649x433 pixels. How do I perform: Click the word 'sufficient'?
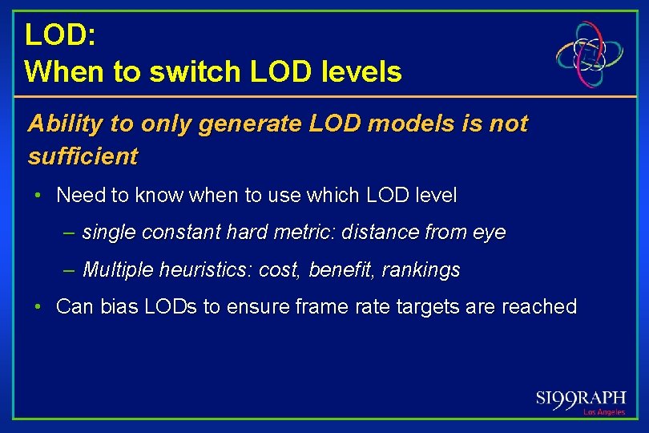(x=83, y=156)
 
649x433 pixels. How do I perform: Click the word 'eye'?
(x=490, y=233)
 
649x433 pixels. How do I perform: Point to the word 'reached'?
(x=538, y=307)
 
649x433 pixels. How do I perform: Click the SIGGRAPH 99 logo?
(x=580, y=399)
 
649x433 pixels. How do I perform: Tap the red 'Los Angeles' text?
(x=603, y=412)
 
